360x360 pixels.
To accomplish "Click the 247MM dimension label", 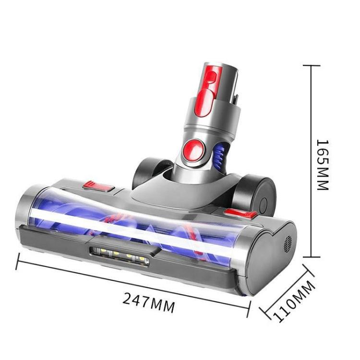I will (x=148, y=302).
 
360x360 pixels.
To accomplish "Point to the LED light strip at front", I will (x=118, y=253).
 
